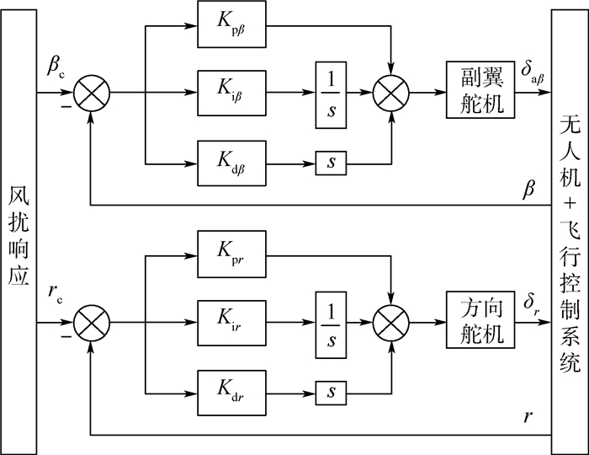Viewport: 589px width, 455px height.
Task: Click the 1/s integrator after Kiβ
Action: pyautogui.click(x=331, y=94)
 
